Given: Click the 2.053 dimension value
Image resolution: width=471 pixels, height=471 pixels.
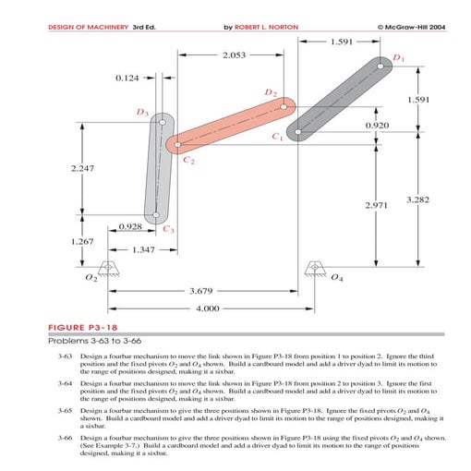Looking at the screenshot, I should click(235, 56).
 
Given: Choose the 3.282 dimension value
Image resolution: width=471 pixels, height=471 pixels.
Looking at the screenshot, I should click(420, 199).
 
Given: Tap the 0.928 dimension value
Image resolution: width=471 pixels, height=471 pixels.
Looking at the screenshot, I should click(130, 226).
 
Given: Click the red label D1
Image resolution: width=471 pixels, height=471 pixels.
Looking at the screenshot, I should click(398, 58).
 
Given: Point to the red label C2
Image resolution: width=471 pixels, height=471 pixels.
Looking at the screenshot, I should click(189, 161).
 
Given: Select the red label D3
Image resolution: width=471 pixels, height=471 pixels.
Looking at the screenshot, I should click(141, 112).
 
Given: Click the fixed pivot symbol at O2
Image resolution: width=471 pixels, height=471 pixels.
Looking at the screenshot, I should click(109, 271).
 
